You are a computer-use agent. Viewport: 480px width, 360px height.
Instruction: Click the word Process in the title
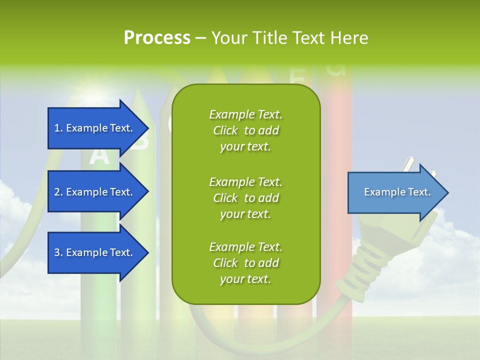[x=157, y=38]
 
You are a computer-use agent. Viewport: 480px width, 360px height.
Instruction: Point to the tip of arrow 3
[x=147, y=252]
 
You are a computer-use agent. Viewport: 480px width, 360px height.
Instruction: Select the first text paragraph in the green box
[x=245, y=130]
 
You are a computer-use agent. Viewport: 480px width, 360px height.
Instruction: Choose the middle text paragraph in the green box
[x=245, y=198]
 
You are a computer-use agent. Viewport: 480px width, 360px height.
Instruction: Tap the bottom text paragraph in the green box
[x=245, y=263]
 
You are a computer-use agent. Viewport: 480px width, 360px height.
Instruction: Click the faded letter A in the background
[x=99, y=156]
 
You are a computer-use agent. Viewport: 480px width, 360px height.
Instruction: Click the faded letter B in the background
[x=139, y=140]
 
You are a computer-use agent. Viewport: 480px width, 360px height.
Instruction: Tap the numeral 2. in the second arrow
[x=57, y=192]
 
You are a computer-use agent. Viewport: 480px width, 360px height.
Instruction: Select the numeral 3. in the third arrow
[x=57, y=252]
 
